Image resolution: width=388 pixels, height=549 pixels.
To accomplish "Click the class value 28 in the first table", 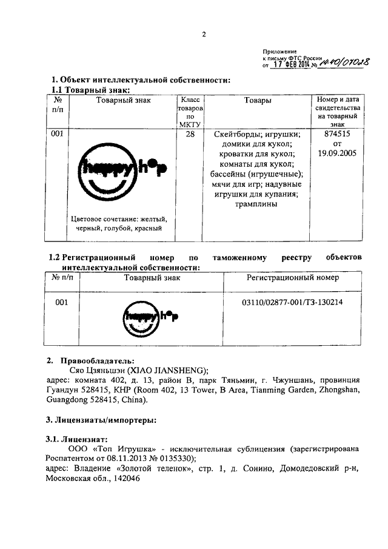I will coord(190,135).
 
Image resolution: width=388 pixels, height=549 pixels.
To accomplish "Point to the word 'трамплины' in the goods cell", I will coord(258,204).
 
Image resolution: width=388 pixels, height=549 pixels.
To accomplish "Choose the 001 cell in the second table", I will coord(62,301).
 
